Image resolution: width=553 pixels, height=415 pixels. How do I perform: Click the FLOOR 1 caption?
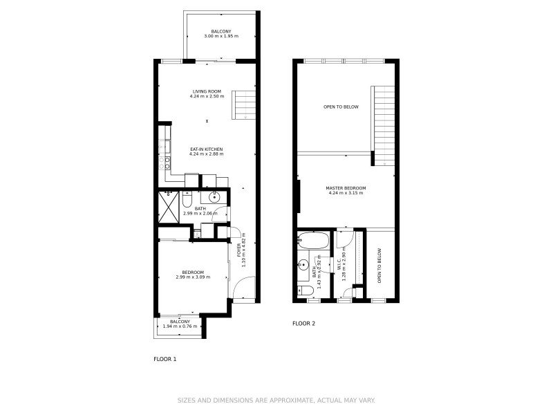[165, 359]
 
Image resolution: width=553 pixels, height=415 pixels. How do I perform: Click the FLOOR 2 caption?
[303, 323]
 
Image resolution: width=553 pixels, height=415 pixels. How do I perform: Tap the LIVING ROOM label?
[207, 91]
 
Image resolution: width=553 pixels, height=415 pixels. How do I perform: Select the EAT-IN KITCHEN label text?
[207, 149]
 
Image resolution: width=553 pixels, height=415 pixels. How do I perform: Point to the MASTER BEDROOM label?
[346, 188]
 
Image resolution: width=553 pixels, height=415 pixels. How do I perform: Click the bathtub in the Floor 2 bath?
[315, 242]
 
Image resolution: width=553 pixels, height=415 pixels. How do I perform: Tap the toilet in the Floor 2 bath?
[304, 290]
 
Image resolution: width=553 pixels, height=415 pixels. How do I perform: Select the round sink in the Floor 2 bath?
[303, 265]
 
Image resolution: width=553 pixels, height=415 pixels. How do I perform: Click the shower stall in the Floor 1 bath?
[168, 203]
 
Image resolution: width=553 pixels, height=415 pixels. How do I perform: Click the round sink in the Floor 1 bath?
[215, 197]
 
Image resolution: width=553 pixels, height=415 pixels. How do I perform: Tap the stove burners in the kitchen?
[165, 163]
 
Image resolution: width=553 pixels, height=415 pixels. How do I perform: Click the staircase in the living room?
[243, 104]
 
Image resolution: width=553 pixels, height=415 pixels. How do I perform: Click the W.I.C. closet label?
[340, 266]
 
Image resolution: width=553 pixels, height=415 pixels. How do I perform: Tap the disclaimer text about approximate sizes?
[276, 400]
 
